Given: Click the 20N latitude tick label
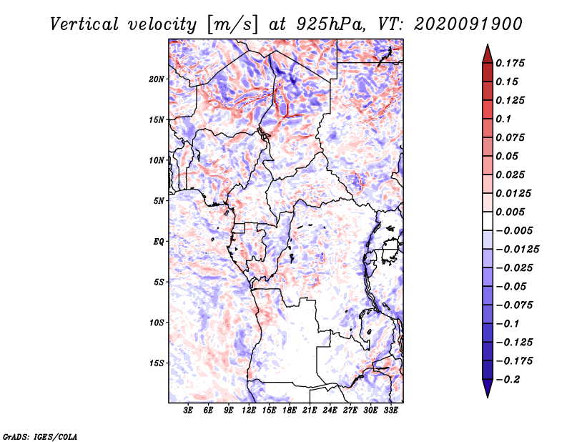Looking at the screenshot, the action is click(157, 79).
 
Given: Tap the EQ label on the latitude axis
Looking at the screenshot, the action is click(158, 242).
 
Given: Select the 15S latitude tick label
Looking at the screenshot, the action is click(157, 363).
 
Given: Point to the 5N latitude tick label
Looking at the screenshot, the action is click(159, 201).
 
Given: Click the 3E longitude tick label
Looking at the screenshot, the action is click(188, 411).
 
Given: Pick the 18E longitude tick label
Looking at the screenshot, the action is click(290, 411).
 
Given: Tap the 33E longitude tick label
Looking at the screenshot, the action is click(390, 411).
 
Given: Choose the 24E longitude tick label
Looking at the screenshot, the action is click(330, 411).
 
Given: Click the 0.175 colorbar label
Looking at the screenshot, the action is click(510, 63).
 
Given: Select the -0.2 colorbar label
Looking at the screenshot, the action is click(508, 380).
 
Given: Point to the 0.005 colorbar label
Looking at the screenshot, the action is click(510, 212).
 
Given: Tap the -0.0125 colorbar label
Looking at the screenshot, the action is click(517, 250).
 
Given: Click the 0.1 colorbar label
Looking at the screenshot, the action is click(503, 119).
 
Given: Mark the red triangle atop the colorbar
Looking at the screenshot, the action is click(488, 54).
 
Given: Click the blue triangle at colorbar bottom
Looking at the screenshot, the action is click(488, 388).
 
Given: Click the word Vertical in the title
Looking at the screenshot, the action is click(84, 24).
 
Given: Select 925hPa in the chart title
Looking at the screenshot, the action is click(330, 24).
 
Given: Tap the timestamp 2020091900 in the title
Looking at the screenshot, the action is click(468, 24).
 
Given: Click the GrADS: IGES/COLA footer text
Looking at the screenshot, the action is click(40, 436).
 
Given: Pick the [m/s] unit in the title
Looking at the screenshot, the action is click(233, 24).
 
